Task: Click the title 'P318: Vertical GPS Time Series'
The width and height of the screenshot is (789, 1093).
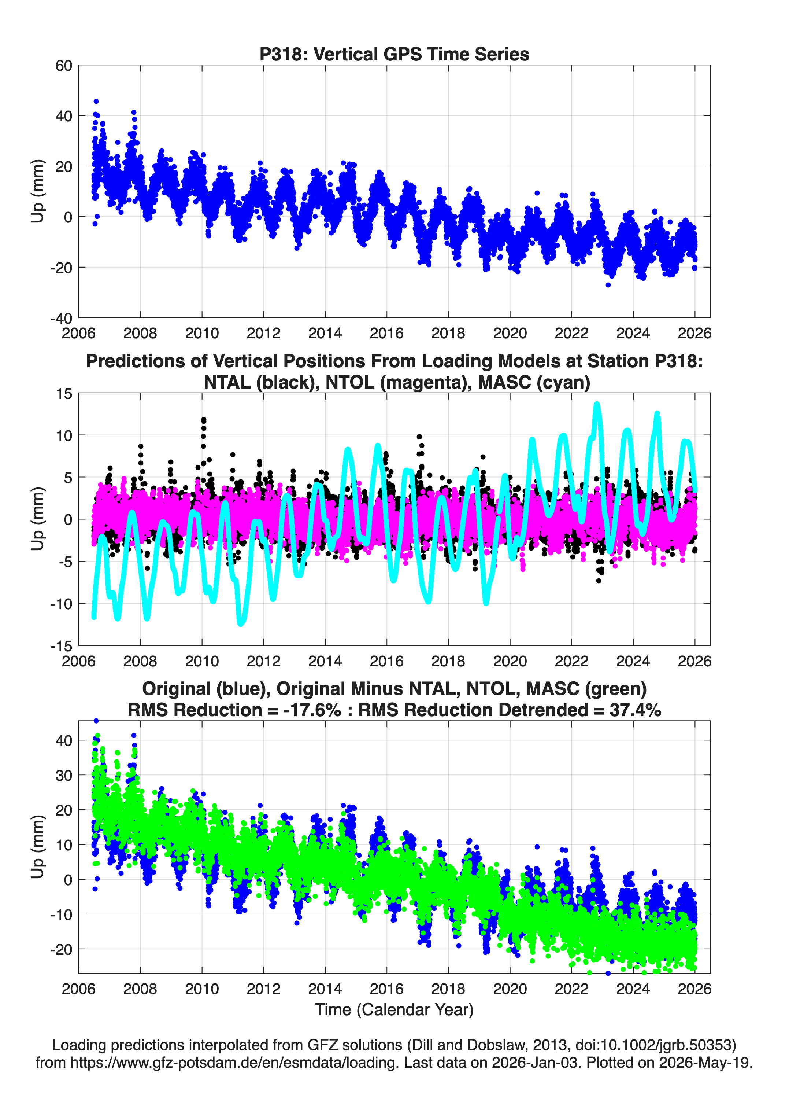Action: pyautogui.click(x=394, y=54)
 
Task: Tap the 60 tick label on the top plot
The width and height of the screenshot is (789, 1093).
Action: pyautogui.click(x=64, y=66)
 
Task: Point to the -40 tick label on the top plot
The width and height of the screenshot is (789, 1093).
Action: pyautogui.click(x=61, y=318)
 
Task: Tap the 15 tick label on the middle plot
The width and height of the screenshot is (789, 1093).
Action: pyautogui.click(x=64, y=394)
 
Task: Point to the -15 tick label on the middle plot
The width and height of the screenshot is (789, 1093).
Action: pyautogui.click(x=61, y=646)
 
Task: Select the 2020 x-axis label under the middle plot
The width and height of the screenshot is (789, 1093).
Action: pyautogui.click(x=510, y=661)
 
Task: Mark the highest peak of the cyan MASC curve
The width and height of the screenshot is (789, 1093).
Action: pyautogui.click(x=597, y=404)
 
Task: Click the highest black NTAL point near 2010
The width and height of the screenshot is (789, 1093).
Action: pyautogui.click(x=204, y=420)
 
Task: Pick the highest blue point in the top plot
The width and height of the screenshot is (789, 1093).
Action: pyautogui.click(x=96, y=102)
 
